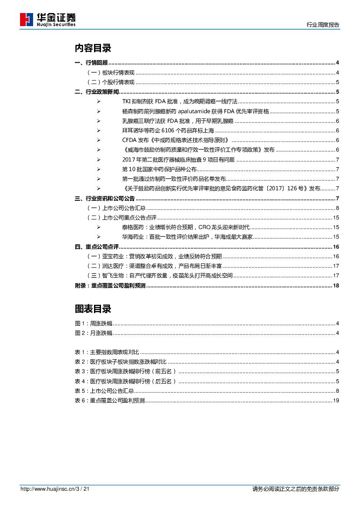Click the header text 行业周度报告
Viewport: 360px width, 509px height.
[x=323, y=25]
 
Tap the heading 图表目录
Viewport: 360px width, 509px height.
[x=93, y=309]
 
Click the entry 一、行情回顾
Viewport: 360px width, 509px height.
[x=91, y=63]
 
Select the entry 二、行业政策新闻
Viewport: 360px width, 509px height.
[x=97, y=91]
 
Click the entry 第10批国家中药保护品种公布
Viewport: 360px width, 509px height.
[x=159, y=169]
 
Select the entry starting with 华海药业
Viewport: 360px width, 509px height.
[x=187, y=237]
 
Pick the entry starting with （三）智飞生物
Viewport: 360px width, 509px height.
[x=160, y=276]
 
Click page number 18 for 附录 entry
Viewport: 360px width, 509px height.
[x=336, y=286]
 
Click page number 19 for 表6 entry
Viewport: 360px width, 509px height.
[x=336, y=401]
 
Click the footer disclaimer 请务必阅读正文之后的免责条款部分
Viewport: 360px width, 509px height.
[x=296, y=489]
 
